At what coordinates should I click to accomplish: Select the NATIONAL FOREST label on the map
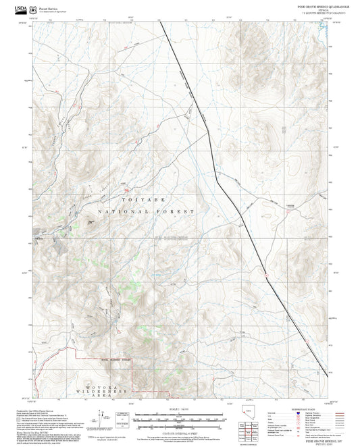click(146, 211)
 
